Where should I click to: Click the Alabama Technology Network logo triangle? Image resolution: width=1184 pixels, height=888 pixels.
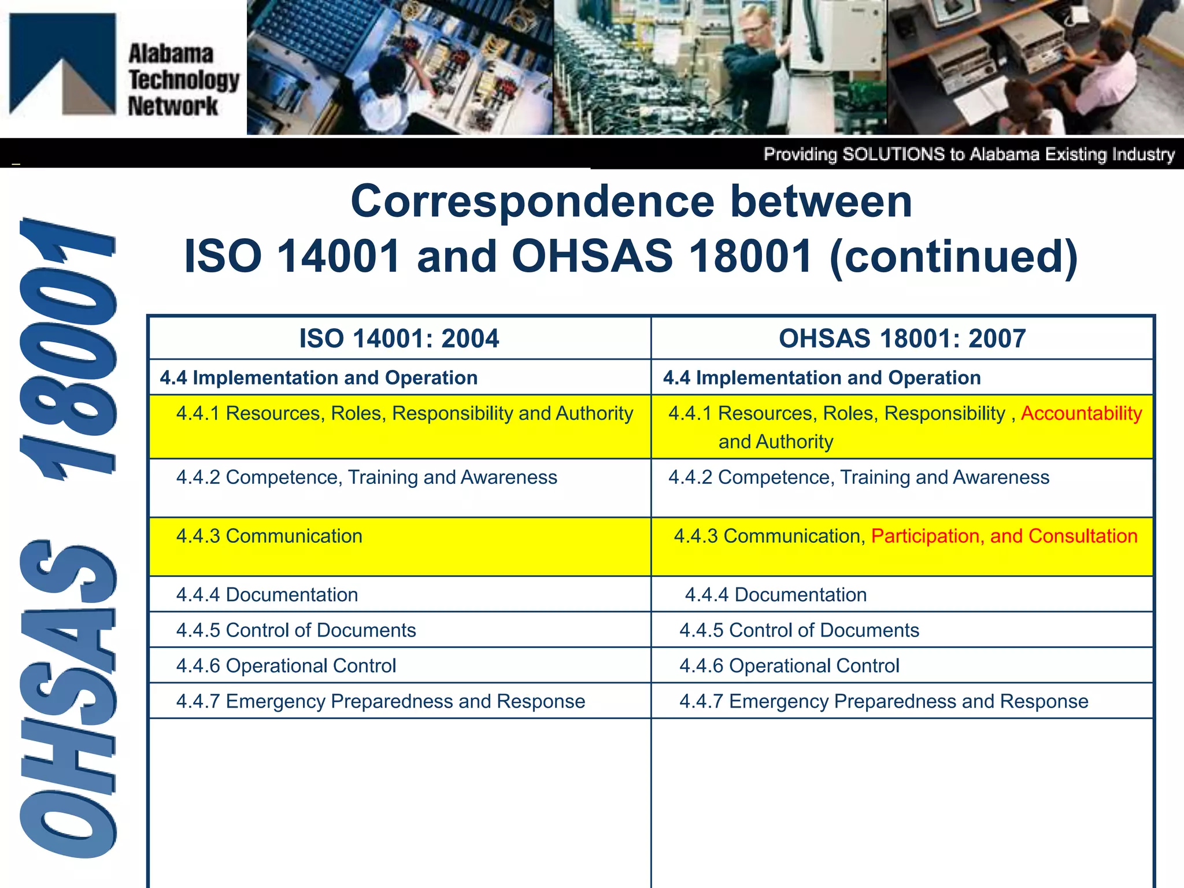62,64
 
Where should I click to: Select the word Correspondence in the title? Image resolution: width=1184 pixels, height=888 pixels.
532,202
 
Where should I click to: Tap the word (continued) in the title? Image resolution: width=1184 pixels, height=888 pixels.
953,256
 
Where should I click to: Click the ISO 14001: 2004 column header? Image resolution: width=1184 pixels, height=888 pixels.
399,338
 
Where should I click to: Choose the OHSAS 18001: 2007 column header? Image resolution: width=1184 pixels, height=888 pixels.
902,338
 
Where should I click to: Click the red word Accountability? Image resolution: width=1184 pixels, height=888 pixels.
1081,413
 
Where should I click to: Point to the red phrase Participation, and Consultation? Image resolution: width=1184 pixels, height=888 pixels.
1004,536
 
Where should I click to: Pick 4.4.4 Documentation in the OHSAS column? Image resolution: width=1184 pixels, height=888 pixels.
775,594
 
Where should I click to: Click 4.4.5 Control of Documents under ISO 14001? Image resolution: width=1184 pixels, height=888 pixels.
296,630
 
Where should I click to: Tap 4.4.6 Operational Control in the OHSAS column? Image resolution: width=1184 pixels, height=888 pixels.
789,665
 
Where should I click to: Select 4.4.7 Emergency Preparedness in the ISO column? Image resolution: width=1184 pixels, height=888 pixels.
380,701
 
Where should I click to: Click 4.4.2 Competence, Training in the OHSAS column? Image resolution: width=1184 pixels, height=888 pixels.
859,478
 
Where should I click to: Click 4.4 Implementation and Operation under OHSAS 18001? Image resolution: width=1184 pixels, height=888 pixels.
822,378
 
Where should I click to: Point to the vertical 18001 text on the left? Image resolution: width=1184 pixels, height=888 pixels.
68,347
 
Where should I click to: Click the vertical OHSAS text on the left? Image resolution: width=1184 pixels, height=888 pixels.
68,700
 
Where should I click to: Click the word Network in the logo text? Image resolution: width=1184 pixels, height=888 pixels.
173,106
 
